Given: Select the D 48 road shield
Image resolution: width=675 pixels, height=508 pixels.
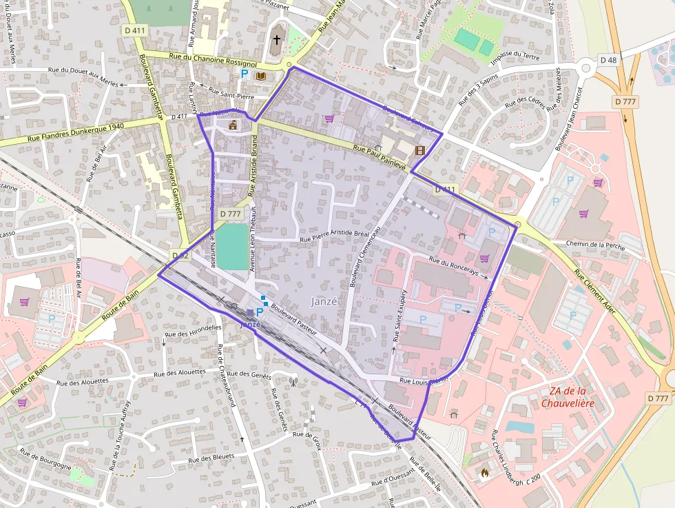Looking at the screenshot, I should click(608, 60).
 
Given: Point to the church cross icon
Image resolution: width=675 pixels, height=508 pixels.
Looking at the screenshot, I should click(277, 40).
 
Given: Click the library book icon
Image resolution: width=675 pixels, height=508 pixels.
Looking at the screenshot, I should click(260, 76).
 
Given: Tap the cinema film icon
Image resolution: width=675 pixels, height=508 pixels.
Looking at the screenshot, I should click(419, 150).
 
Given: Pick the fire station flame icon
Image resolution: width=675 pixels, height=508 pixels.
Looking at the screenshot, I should click(484, 474).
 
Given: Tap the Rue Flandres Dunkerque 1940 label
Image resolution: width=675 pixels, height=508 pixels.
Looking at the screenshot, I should click(76, 132).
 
